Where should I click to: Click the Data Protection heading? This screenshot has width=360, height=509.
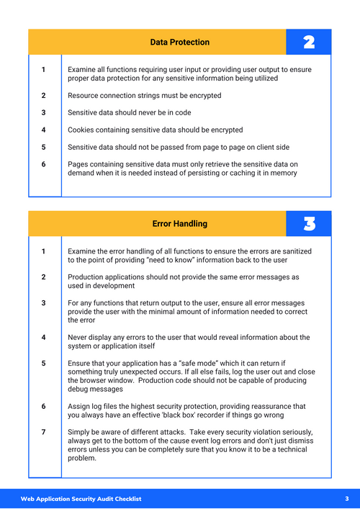[179, 42]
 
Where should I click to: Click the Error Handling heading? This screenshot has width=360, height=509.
[179, 224]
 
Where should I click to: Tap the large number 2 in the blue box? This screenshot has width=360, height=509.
[308, 42]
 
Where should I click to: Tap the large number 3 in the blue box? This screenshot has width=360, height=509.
[308, 224]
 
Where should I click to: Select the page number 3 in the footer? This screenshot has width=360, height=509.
[346, 498]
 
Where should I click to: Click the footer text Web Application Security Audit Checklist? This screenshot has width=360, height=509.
[81, 498]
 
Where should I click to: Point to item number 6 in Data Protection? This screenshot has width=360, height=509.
[43, 165]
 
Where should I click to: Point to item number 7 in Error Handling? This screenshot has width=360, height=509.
[43, 432]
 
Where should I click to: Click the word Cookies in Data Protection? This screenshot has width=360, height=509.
[81, 130]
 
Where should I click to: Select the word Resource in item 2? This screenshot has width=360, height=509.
[84, 96]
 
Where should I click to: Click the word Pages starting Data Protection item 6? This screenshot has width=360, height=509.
[78, 165]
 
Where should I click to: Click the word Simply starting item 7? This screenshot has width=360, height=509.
[80, 432]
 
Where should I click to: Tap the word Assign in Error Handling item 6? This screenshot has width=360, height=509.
[79, 406]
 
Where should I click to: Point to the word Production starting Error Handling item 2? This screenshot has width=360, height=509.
[87, 277]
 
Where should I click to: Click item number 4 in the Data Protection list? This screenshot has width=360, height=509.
[43, 130]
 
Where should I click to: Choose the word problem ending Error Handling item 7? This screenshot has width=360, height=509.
[82, 458]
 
